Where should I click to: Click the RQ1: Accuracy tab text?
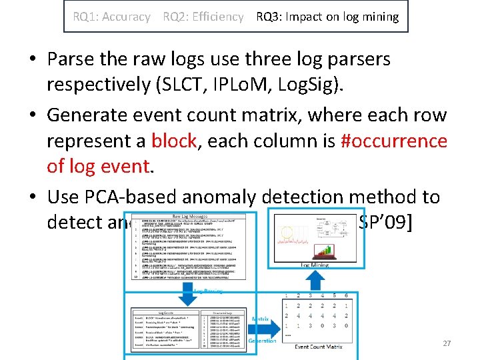(111, 17)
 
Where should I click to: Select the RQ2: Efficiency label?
(203, 17)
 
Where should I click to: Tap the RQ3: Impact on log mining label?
(327, 17)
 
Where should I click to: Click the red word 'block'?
(174, 141)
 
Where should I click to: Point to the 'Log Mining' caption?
(314, 265)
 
